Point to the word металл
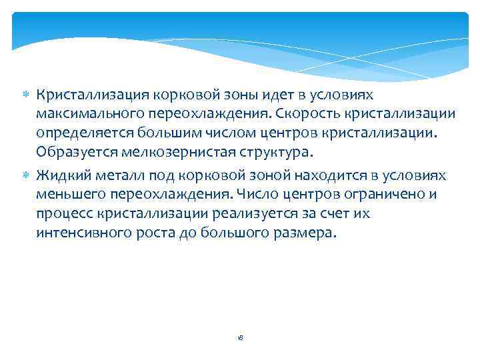117,175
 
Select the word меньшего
69,195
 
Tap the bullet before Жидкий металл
27,175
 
